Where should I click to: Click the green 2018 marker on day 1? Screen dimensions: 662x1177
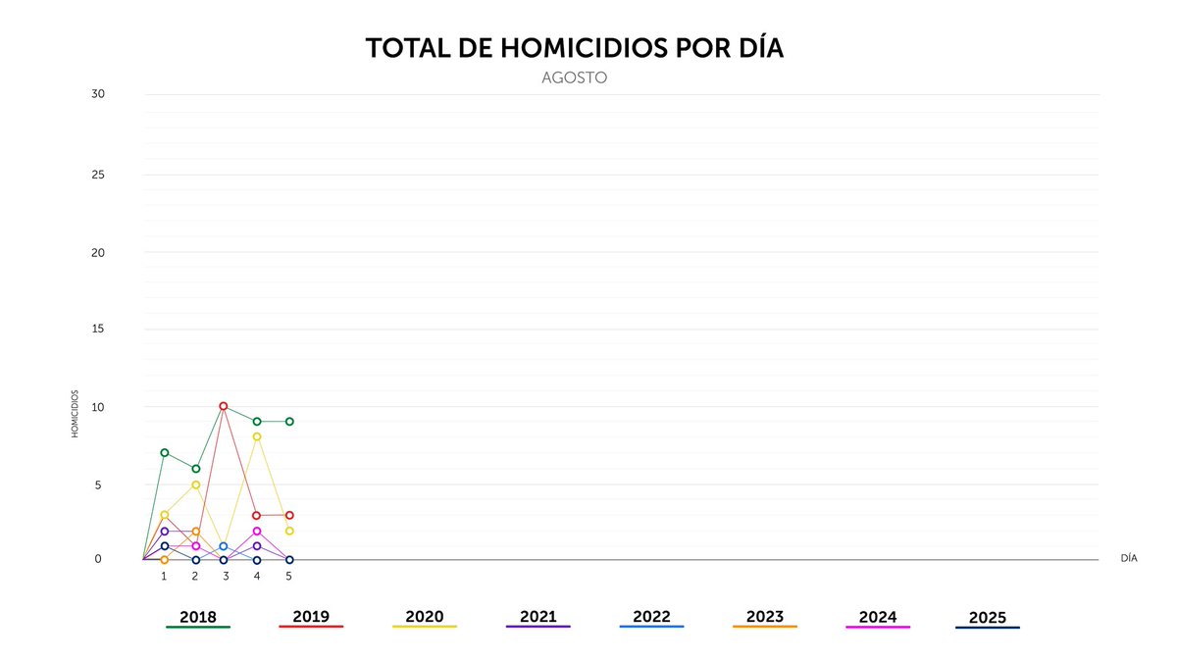[165, 452]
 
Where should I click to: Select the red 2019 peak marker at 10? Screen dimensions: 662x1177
[224, 406]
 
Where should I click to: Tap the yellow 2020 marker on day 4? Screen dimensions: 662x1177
[257, 436]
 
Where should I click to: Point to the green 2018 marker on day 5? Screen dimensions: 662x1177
[289, 422]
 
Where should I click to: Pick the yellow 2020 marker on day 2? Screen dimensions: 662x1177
[196, 484]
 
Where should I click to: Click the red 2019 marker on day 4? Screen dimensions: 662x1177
[257, 515]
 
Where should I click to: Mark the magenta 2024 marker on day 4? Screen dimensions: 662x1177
[257, 531]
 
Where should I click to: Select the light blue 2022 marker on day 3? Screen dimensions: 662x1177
[224, 546]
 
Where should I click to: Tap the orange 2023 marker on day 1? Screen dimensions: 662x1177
[165, 560]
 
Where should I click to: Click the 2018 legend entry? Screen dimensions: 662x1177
[198, 618]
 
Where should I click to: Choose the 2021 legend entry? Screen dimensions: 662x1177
[537, 617]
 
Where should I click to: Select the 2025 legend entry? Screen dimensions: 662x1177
[987, 618]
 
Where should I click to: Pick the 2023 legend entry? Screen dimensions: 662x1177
[765, 617]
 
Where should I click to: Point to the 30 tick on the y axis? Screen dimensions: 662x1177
[97, 94]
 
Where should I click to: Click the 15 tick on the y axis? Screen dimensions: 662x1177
[97, 329]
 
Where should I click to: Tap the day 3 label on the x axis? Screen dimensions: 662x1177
[226, 577]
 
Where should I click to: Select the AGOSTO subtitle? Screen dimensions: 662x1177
[574, 77]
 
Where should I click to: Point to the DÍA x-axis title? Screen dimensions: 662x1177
[1129, 558]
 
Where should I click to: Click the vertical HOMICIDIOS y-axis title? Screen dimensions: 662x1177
[75, 413]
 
